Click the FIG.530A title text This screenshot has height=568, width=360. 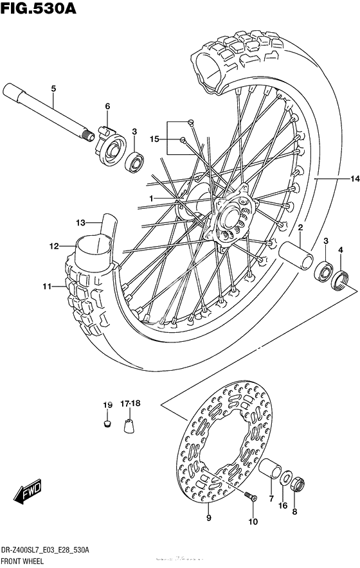pyautogui.click(x=39, y=8)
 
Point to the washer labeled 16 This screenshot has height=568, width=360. pyautogui.click(x=286, y=477)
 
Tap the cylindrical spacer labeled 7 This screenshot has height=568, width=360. pyautogui.click(x=270, y=468)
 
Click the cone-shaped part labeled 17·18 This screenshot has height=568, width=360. pyautogui.click(x=129, y=425)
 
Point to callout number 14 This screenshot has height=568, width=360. pyautogui.click(x=355, y=178)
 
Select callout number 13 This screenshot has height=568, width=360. pyautogui.click(x=80, y=222)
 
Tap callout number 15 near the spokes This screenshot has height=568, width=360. pyautogui.click(x=154, y=139)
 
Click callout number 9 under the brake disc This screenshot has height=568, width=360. pyautogui.click(x=208, y=518)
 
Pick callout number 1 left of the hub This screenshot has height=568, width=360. pyautogui.click(x=151, y=198)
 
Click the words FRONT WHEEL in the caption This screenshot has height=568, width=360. pyautogui.click(x=22, y=562)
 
